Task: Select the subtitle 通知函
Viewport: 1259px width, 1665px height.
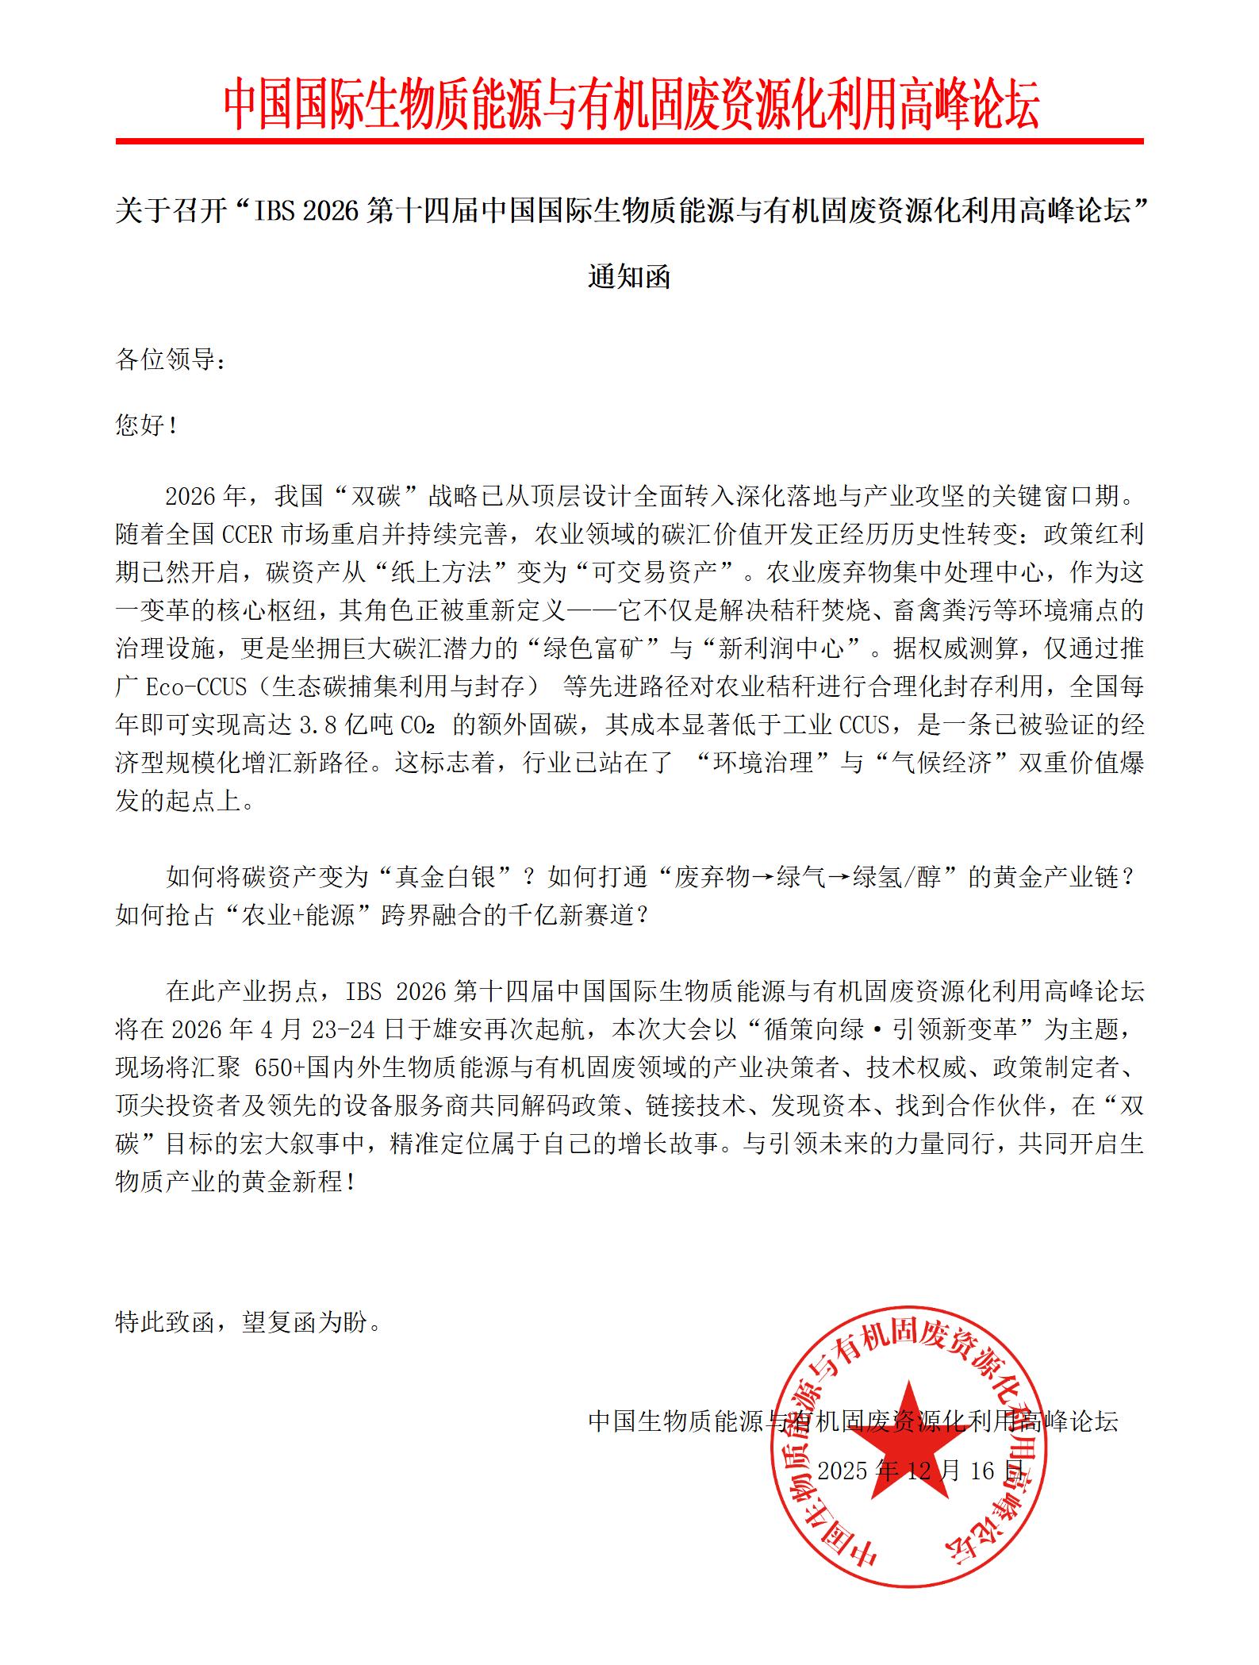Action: (x=629, y=277)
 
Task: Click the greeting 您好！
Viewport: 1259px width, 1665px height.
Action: (x=147, y=425)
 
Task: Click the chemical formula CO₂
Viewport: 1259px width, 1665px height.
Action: (x=422, y=725)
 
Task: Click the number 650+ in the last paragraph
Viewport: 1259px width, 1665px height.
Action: (x=281, y=1068)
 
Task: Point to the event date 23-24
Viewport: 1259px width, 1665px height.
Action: (x=336, y=1030)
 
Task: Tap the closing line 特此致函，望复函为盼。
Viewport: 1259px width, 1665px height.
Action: (x=248, y=1322)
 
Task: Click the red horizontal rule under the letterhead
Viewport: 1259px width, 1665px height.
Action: (x=630, y=141)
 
